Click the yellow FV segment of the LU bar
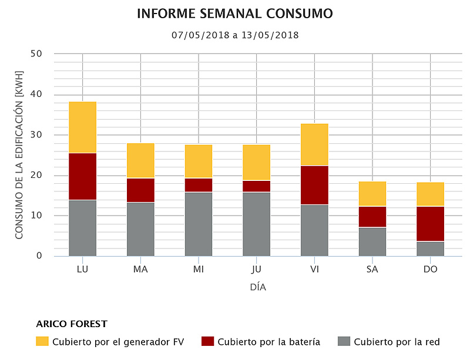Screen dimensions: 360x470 pos(82,127)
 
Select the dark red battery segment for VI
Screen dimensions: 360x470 pos(314,185)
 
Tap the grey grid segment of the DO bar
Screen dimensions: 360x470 pos(431,248)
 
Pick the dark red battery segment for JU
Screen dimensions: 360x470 pos(256,186)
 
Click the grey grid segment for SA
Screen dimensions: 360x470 pos(372,241)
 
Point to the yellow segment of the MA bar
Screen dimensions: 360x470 pos(140,160)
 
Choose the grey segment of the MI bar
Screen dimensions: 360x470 pos(199,224)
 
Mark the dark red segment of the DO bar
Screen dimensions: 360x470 pos(431,224)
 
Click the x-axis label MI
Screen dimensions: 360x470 pos(199,270)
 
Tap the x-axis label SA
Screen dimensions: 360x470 pos(372,270)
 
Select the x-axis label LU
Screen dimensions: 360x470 pos(82,270)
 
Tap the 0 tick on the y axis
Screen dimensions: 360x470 pos(39,256)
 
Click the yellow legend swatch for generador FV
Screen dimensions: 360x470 pos(42,341)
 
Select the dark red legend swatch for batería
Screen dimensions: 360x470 pos(207,341)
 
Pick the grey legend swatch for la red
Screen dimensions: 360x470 pos(344,341)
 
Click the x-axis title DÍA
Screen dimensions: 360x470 pos(258,288)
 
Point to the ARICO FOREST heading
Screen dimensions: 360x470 pos(72,324)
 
